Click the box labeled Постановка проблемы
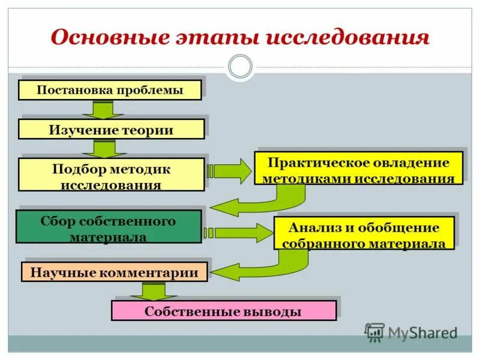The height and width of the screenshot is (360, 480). click(x=109, y=91)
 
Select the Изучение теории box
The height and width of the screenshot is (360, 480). click(x=111, y=130)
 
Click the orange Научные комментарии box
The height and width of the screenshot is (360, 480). click(x=114, y=272)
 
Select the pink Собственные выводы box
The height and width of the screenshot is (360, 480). click(x=223, y=311)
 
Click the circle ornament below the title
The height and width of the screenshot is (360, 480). click(x=241, y=67)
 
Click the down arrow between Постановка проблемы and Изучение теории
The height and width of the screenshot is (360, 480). click(x=103, y=110)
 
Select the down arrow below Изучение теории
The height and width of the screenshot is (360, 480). click(x=103, y=149)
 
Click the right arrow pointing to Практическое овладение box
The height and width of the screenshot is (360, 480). click(x=231, y=171)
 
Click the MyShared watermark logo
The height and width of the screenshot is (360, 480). click(x=410, y=332)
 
